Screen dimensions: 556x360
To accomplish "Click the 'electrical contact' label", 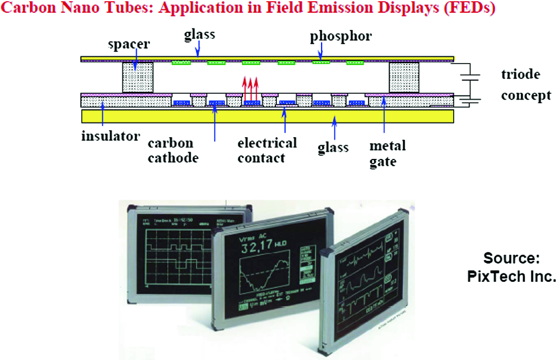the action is tap(267, 150).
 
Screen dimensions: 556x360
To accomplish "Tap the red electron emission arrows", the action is tap(251, 88).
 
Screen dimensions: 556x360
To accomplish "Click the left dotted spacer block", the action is tap(138, 77).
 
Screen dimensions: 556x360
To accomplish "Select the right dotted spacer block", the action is tap(404, 77).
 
